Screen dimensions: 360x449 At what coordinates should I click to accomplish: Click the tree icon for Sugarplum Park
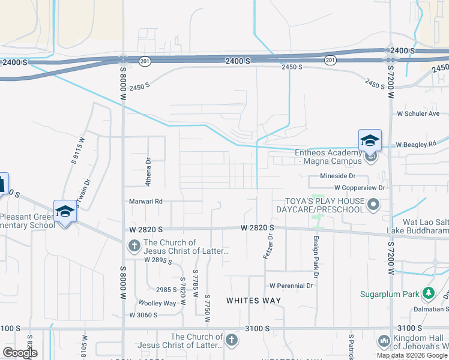(428, 293)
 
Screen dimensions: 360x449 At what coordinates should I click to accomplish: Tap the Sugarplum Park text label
(390, 294)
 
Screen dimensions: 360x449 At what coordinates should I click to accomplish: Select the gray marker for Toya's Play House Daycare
(373, 205)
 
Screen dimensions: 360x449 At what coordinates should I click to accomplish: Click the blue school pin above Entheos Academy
(370, 141)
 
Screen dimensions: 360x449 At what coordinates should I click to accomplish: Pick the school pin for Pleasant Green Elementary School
(65, 211)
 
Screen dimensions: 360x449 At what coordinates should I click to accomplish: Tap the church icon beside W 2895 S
(134, 246)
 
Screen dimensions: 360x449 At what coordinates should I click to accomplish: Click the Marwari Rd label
(146, 202)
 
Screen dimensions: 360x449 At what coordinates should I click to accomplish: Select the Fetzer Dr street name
(268, 246)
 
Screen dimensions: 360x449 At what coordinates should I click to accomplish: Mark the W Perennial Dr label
(292, 286)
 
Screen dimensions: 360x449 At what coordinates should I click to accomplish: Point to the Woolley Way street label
(157, 303)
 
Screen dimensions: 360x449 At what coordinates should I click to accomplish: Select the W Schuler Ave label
(418, 113)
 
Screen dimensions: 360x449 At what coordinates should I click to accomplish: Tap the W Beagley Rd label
(415, 145)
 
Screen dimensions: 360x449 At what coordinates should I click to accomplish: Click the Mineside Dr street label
(337, 177)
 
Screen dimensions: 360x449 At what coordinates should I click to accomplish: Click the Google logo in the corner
(20, 353)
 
